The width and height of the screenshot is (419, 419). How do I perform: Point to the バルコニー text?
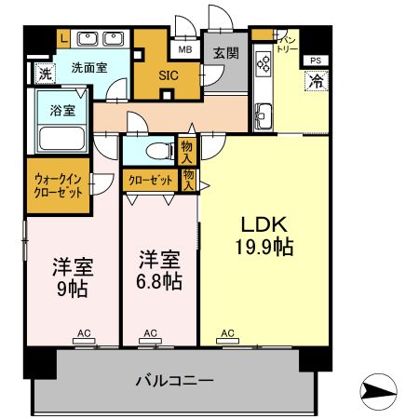175,380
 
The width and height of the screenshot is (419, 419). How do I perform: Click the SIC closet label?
169,75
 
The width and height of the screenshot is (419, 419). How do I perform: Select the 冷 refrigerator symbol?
316,83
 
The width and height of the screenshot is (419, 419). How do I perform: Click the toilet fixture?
155,149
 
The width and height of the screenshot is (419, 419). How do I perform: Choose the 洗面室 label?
90,67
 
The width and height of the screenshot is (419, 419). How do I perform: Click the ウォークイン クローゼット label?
57,187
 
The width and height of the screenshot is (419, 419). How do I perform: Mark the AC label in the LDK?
227,332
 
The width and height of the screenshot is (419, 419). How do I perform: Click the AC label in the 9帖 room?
84,332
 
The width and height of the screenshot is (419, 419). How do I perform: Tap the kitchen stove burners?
263,64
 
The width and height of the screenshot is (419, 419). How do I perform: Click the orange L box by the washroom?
62,37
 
